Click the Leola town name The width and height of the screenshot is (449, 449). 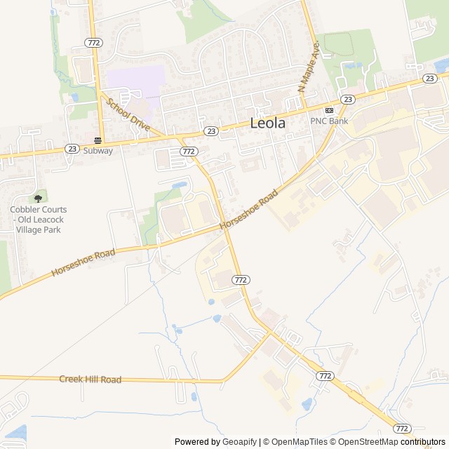[268, 123]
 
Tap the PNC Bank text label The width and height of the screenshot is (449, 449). [329, 121]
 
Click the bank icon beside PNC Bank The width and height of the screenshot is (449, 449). [328, 111]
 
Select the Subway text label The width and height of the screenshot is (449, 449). [98, 150]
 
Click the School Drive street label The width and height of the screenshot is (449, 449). [128, 114]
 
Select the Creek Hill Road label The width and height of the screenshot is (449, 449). [90, 380]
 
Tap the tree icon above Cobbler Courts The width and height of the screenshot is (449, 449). [38, 199]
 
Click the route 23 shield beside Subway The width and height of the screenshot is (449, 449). [72, 149]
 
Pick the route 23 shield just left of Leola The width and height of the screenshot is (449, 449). [211, 131]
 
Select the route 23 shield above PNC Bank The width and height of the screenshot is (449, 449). [347, 100]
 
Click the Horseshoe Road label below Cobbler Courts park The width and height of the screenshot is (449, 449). [83, 262]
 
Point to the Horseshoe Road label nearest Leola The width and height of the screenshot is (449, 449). [244, 211]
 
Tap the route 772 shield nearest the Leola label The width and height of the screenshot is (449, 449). [187, 151]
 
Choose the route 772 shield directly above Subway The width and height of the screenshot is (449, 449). [93, 43]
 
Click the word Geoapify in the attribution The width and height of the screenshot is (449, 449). [240, 442]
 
